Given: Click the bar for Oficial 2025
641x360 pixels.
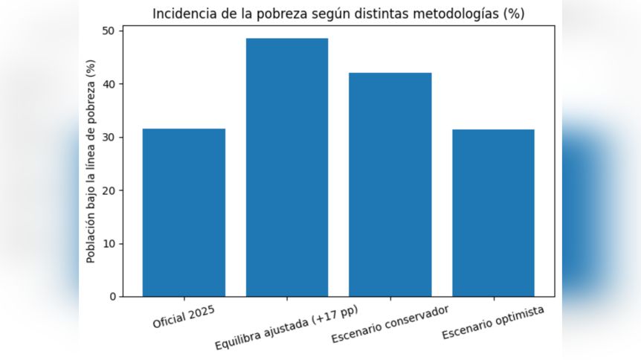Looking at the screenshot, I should [x=184, y=213].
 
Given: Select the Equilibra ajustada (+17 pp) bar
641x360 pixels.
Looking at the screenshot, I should [x=287, y=167].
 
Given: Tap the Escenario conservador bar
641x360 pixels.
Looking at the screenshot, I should [x=390, y=184].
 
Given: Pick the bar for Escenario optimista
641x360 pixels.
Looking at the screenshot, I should [x=493, y=213].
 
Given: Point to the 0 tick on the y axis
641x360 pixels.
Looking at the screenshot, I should [x=112, y=297].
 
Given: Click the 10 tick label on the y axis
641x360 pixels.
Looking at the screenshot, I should [x=109, y=244].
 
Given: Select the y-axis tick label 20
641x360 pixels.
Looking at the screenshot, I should [x=109, y=190].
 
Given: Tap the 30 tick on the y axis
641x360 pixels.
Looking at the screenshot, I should [x=109, y=138].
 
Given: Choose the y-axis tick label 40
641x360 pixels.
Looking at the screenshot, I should [x=109, y=84].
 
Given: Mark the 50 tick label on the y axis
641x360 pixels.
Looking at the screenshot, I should [x=109, y=31].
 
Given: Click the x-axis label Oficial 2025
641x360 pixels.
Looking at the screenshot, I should [x=184, y=315].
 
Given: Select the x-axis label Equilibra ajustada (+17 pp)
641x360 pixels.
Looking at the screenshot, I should [x=286, y=328].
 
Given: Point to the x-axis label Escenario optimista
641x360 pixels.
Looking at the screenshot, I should [x=492, y=322].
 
